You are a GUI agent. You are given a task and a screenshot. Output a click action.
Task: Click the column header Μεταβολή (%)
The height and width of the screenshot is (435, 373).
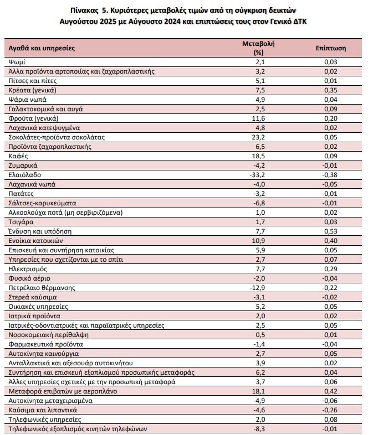pos(258,48)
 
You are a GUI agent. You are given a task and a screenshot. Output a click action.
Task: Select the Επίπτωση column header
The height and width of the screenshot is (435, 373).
pos(330,48)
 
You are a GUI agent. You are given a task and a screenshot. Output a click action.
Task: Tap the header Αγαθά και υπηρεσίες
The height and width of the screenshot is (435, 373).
pos(42,48)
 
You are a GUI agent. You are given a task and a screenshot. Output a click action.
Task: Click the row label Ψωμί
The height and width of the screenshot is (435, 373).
pos(17,62)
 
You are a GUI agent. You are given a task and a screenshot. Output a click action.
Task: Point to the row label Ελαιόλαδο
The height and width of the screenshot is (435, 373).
pos(25,175)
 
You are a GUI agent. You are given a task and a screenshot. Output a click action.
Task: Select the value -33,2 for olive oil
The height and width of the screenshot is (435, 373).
pos(258,175)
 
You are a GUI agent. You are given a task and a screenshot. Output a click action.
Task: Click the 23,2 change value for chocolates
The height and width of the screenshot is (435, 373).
pos(258,137)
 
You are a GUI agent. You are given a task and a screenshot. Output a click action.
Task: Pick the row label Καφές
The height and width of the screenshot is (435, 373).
pos(18,156)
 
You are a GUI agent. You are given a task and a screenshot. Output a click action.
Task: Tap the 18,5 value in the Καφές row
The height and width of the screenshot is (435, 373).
pos(258,156)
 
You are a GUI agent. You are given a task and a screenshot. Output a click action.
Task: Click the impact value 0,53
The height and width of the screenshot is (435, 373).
pos(330,231)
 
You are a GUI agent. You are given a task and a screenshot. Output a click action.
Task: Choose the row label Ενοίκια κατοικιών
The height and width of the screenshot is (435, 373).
pos(35,241)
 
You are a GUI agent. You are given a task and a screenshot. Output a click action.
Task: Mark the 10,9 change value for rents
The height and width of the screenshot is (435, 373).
pos(258,241)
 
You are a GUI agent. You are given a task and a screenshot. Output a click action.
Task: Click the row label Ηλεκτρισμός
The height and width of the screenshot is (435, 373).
pos(28,269)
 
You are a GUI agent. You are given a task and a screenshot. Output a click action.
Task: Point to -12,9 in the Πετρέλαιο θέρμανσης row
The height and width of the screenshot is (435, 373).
pos(258,288)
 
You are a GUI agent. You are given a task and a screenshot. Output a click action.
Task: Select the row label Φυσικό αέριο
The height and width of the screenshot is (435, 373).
pos(29,278)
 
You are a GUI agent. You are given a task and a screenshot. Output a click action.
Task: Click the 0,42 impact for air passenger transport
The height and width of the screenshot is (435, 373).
pos(330,391)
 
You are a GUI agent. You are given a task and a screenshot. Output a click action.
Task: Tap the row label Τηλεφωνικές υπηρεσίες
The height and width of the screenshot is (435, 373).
pos(45,420)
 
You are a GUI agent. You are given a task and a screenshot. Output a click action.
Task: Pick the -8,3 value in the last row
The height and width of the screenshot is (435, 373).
pos(259,429)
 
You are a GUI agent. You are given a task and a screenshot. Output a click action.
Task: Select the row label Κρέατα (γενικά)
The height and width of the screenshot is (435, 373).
pos(32,90)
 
